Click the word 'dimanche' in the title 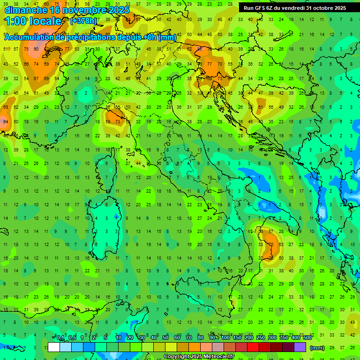click(x=24, y=10)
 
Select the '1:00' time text click(x=15, y=22)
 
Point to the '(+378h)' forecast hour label click(x=84, y=21)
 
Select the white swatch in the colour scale click(x=54, y=347)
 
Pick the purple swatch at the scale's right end click(x=300, y=347)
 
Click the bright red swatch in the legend click(x=253, y=347)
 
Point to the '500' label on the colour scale click(x=307, y=338)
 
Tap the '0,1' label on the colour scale click(x=60, y=338)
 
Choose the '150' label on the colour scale click(x=237, y=338)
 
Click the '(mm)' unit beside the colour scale click(x=317, y=348)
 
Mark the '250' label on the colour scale click(x=261, y=338)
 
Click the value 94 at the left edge click(x=5, y=121)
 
